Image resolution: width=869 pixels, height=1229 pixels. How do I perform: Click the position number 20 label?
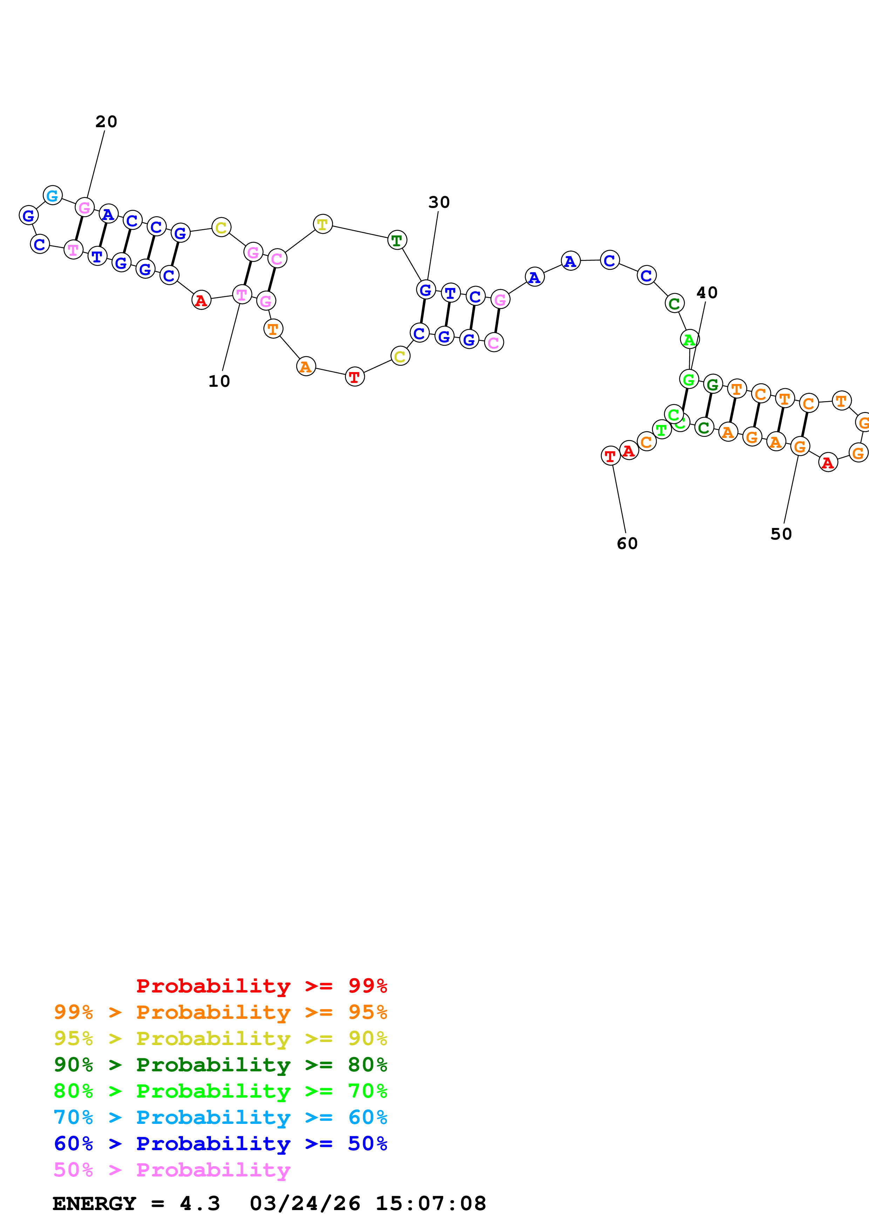click(106, 122)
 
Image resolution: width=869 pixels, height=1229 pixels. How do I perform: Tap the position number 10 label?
click(219, 382)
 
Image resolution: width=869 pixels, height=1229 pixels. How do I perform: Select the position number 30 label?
click(439, 202)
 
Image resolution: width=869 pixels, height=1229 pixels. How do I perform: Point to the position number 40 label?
click(706, 293)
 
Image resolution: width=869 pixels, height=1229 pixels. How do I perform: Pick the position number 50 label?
click(781, 534)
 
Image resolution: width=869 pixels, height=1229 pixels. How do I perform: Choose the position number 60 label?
click(627, 544)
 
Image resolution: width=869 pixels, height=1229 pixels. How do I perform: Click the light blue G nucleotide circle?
click(53, 195)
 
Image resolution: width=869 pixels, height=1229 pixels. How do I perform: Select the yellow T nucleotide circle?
click(323, 224)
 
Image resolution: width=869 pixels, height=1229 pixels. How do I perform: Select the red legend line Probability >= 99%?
click(261, 986)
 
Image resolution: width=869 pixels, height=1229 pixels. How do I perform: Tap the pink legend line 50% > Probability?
click(172, 1170)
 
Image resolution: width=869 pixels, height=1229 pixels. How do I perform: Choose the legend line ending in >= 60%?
click(220, 1118)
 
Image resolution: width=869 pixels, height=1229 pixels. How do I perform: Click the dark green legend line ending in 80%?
click(220, 1065)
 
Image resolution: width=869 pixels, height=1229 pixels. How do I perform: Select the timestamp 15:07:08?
click(430, 1204)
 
